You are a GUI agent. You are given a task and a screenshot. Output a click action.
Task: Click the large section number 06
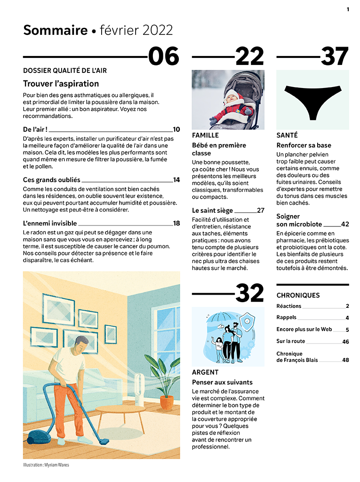[x=164, y=57]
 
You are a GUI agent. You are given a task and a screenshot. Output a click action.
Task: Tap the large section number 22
[x=249, y=57]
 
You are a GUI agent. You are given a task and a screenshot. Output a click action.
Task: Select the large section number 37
[x=335, y=57]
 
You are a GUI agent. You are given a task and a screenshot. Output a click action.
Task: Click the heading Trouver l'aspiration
[x=61, y=84]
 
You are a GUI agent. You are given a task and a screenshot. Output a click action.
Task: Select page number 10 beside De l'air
[x=176, y=129]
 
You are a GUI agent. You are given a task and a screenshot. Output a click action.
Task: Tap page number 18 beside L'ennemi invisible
[x=176, y=224]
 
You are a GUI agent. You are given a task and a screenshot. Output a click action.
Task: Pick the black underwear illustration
[x=312, y=99]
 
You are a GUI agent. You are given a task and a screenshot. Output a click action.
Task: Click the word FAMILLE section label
[x=205, y=136]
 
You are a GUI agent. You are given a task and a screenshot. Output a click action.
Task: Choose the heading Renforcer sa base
[x=304, y=145]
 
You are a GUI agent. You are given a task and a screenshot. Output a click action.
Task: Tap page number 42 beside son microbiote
[x=345, y=225]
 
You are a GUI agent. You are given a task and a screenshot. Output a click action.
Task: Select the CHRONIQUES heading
[x=298, y=296]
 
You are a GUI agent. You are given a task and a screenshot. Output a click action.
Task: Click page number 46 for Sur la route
[x=346, y=342]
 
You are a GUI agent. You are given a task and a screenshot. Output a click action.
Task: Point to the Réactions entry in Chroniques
[x=289, y=306]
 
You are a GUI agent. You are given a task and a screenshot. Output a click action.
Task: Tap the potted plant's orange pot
[x=167, y=402]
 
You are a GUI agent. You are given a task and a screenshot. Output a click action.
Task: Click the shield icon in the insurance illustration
[x=246, y=323]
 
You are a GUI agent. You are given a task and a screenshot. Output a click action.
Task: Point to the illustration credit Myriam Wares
[x=46, y=465]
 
